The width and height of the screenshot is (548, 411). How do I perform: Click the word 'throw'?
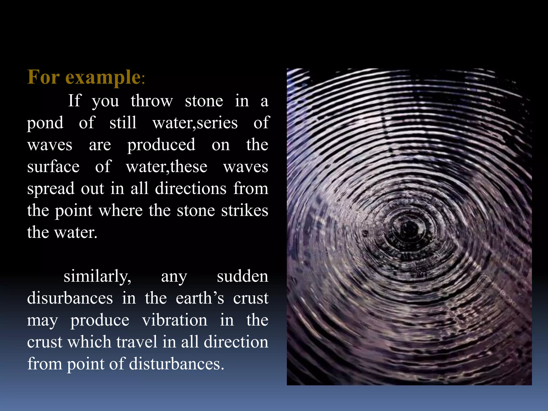tap(152, 101)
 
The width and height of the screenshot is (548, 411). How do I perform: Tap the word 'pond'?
tap(45, 123)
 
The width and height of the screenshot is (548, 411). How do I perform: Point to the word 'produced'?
tap(161, 145)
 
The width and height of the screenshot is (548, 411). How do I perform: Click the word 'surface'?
tap(53, 167)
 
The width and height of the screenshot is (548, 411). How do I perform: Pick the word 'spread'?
tap(51, 189)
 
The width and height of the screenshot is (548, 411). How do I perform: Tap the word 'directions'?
tap(191, 188)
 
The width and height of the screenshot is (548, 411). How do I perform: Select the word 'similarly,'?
tap(97, 276)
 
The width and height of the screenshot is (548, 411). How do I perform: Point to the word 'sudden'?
tap(242, 276)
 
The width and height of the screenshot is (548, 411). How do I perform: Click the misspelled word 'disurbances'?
tap(70, 298)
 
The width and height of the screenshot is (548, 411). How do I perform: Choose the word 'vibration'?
tap(174, 320)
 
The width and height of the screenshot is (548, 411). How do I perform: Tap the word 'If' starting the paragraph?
tap(74, 101)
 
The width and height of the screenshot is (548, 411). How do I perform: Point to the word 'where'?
tap(121, 210)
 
